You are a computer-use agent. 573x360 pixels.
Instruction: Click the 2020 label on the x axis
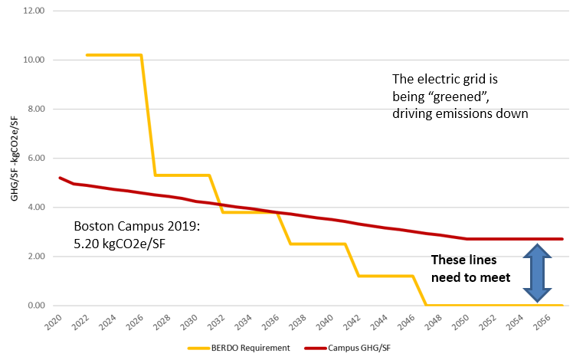pyautogui.click(x=52, y=321)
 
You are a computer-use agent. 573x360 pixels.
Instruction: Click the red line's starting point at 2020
pyautogui.click(x=60, y=178)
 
